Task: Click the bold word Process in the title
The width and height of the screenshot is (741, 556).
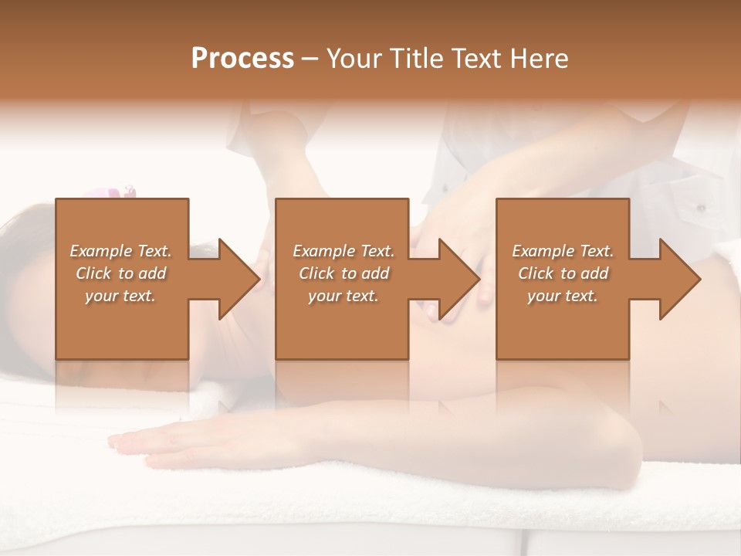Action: (242, 58)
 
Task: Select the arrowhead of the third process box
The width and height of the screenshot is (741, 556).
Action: (678, 279)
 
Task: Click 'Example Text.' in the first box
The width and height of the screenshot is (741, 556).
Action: (120, 251)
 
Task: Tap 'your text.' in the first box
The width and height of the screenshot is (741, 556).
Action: (120, 296)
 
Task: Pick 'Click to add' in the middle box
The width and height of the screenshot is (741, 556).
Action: (343, 273)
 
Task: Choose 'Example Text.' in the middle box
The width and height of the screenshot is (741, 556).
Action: (343, 251)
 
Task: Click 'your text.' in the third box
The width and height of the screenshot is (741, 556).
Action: (563, 296)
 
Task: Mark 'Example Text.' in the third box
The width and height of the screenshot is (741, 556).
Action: (563, 251)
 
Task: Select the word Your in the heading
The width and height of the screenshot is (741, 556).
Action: (352, 58)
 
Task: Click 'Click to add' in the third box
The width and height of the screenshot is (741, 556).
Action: (563, 273)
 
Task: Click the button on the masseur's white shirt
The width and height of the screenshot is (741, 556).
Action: (701, 208)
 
